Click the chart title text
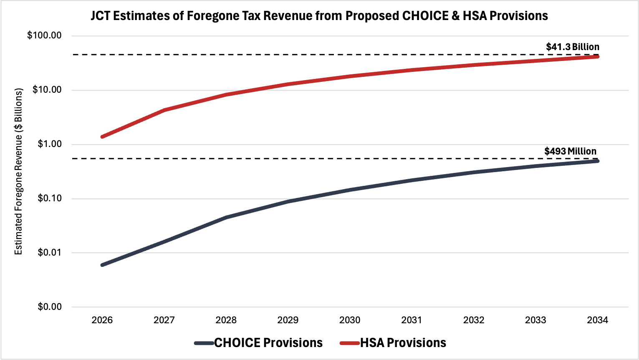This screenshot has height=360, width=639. (319, 16)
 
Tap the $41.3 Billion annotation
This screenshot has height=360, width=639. (572, 47)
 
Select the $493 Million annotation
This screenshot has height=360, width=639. (570, 151)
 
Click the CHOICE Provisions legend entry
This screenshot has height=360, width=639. (268, 343)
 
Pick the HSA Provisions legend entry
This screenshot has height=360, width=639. (403, 343)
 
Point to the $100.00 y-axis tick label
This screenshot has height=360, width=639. (44, 35)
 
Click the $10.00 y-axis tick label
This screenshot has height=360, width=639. (47, 90)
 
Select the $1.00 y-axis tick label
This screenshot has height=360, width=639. (49, 144)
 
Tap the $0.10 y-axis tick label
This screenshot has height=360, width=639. (49, 198)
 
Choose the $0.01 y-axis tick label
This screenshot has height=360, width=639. (49, 253)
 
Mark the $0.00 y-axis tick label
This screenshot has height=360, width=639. (49, 307)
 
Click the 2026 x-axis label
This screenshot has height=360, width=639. (102, 320)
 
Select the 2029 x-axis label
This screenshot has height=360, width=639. (288, 320)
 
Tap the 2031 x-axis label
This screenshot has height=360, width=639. (412, 320)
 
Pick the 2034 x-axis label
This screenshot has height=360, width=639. (597, 320)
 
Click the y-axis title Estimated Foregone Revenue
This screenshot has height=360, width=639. (18, 171)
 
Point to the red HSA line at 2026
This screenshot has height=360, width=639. (102, 137)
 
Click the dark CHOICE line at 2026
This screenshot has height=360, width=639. (102, 265)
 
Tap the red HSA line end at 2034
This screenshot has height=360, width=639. (597, 56)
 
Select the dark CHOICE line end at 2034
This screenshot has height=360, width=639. (597, 161)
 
